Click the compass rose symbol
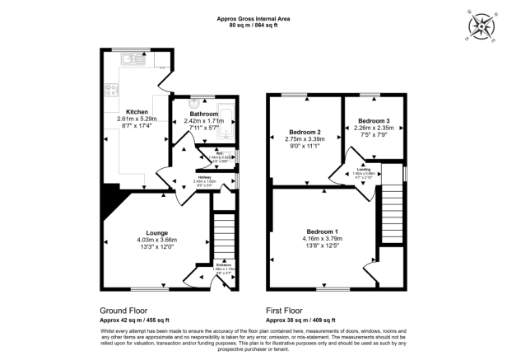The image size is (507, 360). pyautogui.click(x=478, y=26)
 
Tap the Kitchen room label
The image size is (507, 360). pyautogui.click(x=137, y=110)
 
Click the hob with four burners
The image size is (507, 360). pyautogui.click(x=109, y=91)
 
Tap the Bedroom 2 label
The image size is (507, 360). pyautogui.click(x=305, y=132)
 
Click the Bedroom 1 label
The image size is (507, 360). pyautogui.click(x=323, y=231)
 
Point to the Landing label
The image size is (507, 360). pyautogui.click(x=363, y=170)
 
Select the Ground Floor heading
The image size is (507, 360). pyautogui.click(x=124, y=311)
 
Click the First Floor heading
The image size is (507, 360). pyautogui.click(x=287, y=311)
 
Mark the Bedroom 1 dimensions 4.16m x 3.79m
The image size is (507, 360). pyautogui.click(x=323, y=239)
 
